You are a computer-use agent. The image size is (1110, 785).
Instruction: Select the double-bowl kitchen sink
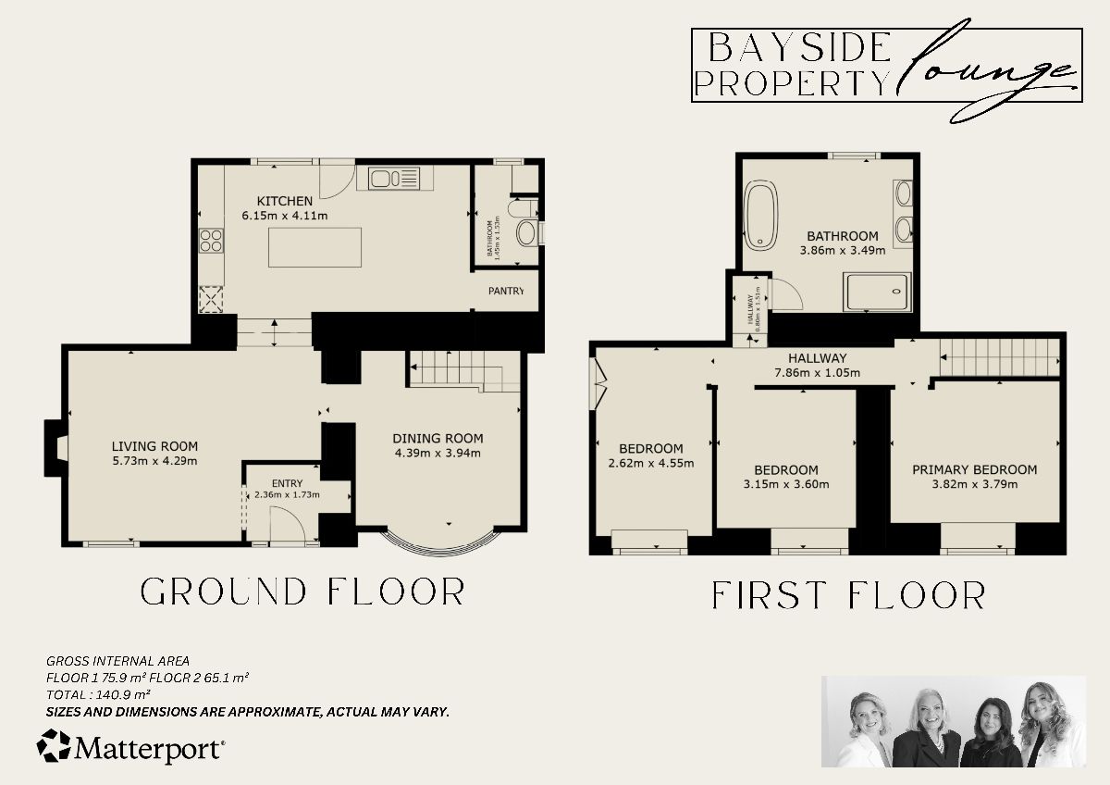(393, 177)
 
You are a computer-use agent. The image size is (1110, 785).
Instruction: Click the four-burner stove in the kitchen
(211, 241)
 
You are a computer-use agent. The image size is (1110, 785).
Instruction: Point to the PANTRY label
(506, 291)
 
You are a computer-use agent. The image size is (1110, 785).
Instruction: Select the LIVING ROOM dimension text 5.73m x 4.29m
(155, 460)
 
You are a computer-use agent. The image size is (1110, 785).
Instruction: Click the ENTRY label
(287, 482)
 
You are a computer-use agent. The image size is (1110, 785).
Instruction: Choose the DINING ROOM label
(438, 438)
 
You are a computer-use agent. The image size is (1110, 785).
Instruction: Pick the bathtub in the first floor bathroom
(760, 216)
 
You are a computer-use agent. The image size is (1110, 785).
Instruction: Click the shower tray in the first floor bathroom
(878, 291)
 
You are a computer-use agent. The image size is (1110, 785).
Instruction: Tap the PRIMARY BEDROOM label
(974, 469)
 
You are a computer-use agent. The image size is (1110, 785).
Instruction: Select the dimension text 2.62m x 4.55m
(651, 463)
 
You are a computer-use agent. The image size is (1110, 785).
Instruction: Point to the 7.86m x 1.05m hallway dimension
(817, 374)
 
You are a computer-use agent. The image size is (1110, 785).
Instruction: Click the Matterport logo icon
(54, 746)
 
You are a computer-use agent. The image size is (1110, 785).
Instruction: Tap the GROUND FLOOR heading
(302, 592)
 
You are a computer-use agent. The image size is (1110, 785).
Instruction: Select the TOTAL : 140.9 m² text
(98, 693)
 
